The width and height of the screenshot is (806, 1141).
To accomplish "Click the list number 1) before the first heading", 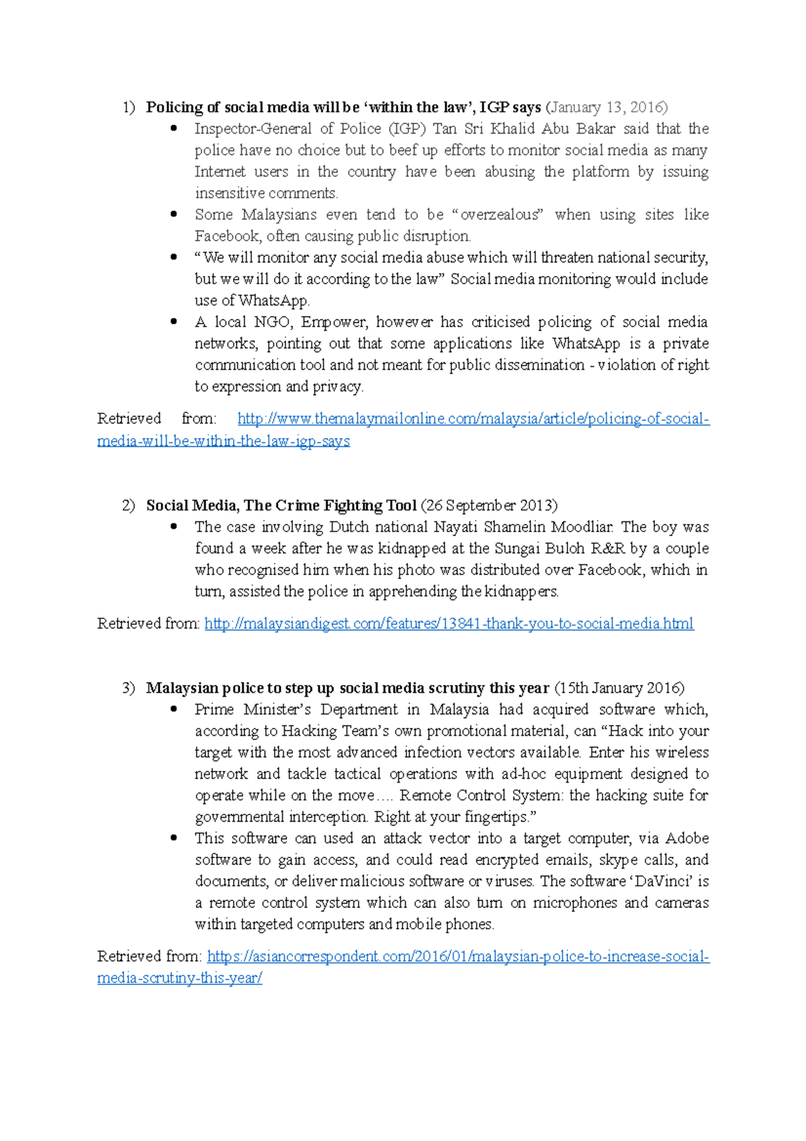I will tap(129, 108).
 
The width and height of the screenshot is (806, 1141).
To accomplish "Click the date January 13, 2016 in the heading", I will tap(606, 108).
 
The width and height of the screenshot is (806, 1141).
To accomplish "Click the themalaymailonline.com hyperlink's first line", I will tap(473, 419).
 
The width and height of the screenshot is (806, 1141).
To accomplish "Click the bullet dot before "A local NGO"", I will tap(174, 322).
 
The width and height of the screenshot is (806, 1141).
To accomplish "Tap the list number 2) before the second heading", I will tap(129, 505).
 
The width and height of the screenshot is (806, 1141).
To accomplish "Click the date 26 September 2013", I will tap(489, 505).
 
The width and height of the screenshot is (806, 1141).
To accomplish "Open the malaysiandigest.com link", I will tap(449, 624).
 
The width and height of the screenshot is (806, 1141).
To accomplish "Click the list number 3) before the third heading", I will tap(129, 688).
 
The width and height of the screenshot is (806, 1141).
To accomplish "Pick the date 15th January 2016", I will tap(619, 688).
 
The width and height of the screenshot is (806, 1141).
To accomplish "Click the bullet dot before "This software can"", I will tap(174, 838).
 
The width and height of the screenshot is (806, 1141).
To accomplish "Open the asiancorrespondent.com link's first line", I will tap(458, 957).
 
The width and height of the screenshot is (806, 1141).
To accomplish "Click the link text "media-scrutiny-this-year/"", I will tap(179, 978).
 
